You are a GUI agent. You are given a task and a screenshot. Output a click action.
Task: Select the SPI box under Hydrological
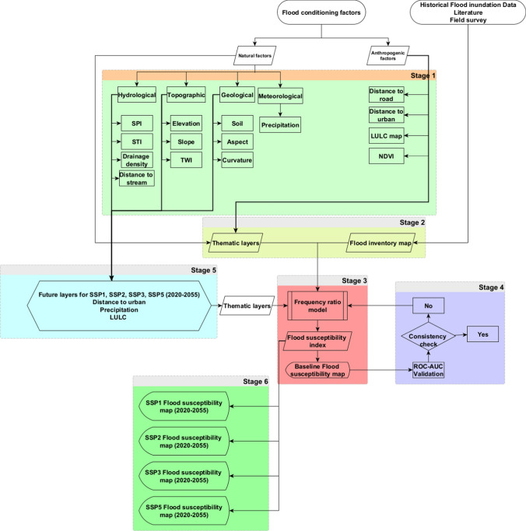(x=136, y=124)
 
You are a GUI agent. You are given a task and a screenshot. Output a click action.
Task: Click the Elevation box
(x=187, y=124)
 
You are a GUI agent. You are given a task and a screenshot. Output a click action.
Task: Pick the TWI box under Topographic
(x=187, y=159)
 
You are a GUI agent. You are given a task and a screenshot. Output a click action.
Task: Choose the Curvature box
(x=237, y=159)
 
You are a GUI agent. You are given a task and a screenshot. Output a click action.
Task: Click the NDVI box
(x=387, y=159)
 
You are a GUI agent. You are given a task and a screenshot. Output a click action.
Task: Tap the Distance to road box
(x=387, y=95)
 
